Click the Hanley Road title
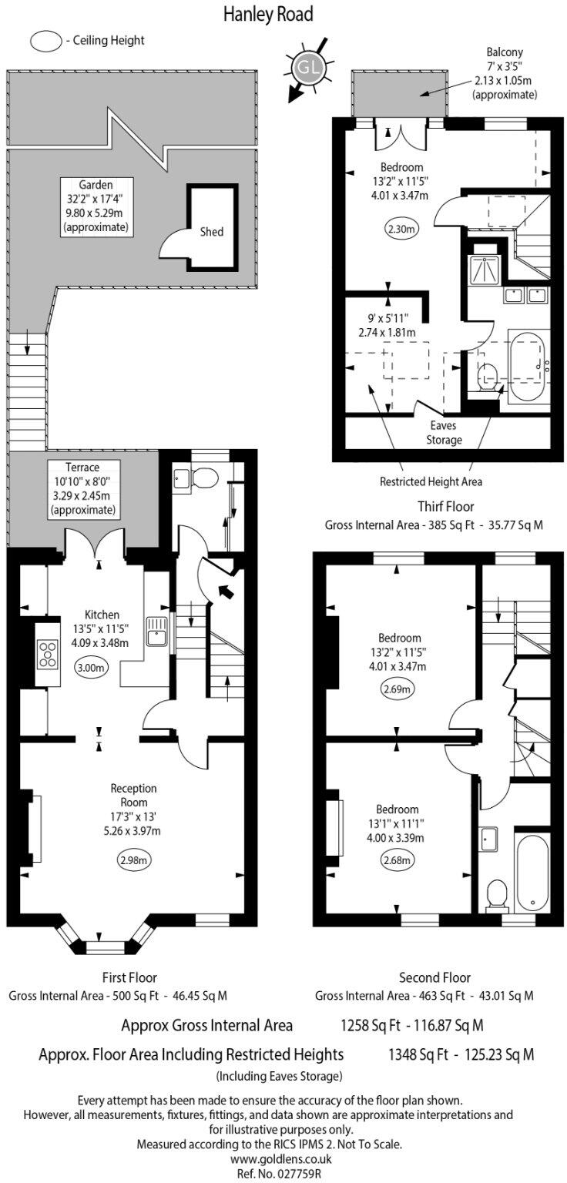pyautogui.click(x=268, y=15)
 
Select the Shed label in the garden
pyautogui.click(x=211, y=231)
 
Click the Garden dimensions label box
pyautogui.click(x=96, y=206)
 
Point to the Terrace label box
pyautogui.click(x=83, y=488)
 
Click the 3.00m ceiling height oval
pyautogui.click(x=91, y=667)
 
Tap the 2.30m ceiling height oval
pyautogui.click(x=401, y=229)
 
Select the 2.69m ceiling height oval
pyautogui.click(x=397, y=689)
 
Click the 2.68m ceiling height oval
pyautogui.click(x=396, y=860)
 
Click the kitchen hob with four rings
pyautogui.click(x=48, y=654)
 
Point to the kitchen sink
pyautogui.click(x=156, y=632)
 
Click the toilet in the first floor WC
pyautogui.click(x=204, y=478)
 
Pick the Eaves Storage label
pyautogui.click(x=444, y=433)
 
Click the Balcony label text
pyautogui.click(x=505, y=52)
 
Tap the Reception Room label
pyautogui.click(x=133, y=796)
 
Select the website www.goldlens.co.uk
pyautogui.click(x=280, y=1158)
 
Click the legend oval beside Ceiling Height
pyautogui.click(x=46, y=41)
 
